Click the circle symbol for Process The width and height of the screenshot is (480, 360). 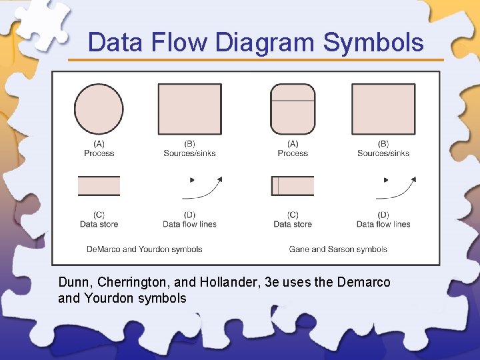[x=99, y=109]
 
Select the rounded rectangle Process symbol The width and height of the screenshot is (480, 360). [x=293, y=109]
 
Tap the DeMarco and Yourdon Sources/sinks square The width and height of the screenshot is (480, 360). [x=189, y=109]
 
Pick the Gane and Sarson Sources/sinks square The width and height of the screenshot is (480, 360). [x=383, y=109]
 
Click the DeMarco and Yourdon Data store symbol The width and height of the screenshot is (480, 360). [x=99, y=186]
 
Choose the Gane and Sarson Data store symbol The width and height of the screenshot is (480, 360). [x=293, y=186]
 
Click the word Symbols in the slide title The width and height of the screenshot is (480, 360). [x=373, y=43]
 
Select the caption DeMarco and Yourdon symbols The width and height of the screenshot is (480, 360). [x=144, y=249]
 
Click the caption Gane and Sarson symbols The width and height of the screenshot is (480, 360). [x=338, y=249]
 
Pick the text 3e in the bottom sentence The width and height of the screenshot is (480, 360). [x=271, y=283]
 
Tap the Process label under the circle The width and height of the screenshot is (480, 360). [x=99, y=153]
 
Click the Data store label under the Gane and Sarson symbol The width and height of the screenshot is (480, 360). [x=293, y=225]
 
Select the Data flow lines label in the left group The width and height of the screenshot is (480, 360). [x=189, y=225]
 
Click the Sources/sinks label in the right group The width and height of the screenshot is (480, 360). [x=383, y=153]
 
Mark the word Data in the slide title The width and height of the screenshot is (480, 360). [x=115, y=43]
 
